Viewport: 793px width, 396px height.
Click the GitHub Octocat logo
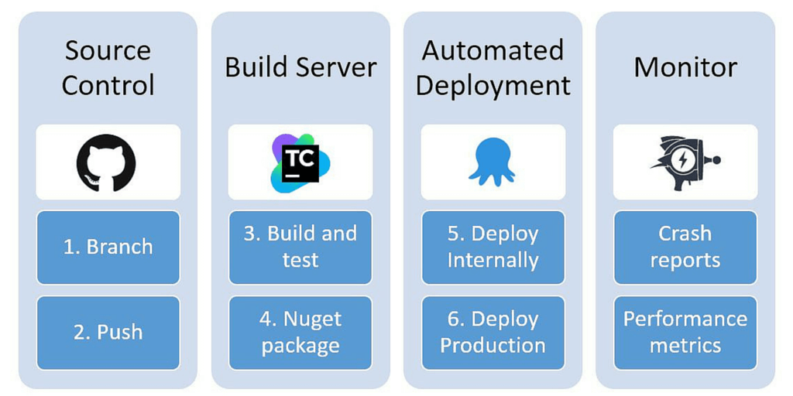(106, 162)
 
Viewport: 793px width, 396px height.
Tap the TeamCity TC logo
(300, 162)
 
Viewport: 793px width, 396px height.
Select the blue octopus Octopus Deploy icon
(492, 162)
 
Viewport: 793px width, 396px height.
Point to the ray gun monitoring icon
(684, 162)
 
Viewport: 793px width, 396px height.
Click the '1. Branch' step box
(108, 247)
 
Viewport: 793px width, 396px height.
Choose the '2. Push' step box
(108, 333)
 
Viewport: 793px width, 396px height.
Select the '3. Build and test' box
(300, 247)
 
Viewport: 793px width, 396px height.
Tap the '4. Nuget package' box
(300, 333)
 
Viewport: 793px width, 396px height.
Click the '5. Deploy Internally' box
(493, 247)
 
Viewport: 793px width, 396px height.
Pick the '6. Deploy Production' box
(493, 333)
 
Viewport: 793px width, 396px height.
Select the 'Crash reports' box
(685, 247)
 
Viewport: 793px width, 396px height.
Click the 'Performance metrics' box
(685, 333)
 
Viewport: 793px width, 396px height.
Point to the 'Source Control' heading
(108, 67)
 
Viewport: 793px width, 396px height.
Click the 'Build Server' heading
(300, 67)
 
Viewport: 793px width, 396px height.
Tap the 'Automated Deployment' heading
(493, 67)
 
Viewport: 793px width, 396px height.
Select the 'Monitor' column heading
(685, 67)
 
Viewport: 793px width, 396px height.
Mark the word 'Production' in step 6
(493, 345)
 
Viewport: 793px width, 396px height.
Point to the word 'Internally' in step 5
(493, 260)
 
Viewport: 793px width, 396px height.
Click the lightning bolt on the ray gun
(683, 161)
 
